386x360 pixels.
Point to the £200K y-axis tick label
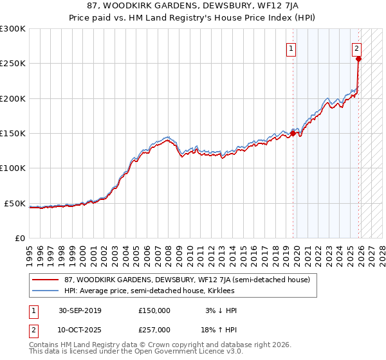(12, 98)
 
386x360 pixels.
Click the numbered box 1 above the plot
(291, 48)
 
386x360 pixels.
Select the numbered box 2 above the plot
(356, 48)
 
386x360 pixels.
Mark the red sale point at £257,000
(358, 59)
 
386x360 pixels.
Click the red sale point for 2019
(293, 134)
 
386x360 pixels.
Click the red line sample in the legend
(45, 280)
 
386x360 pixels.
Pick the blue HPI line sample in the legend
(45, 291)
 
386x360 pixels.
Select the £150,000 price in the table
(154, 310)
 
